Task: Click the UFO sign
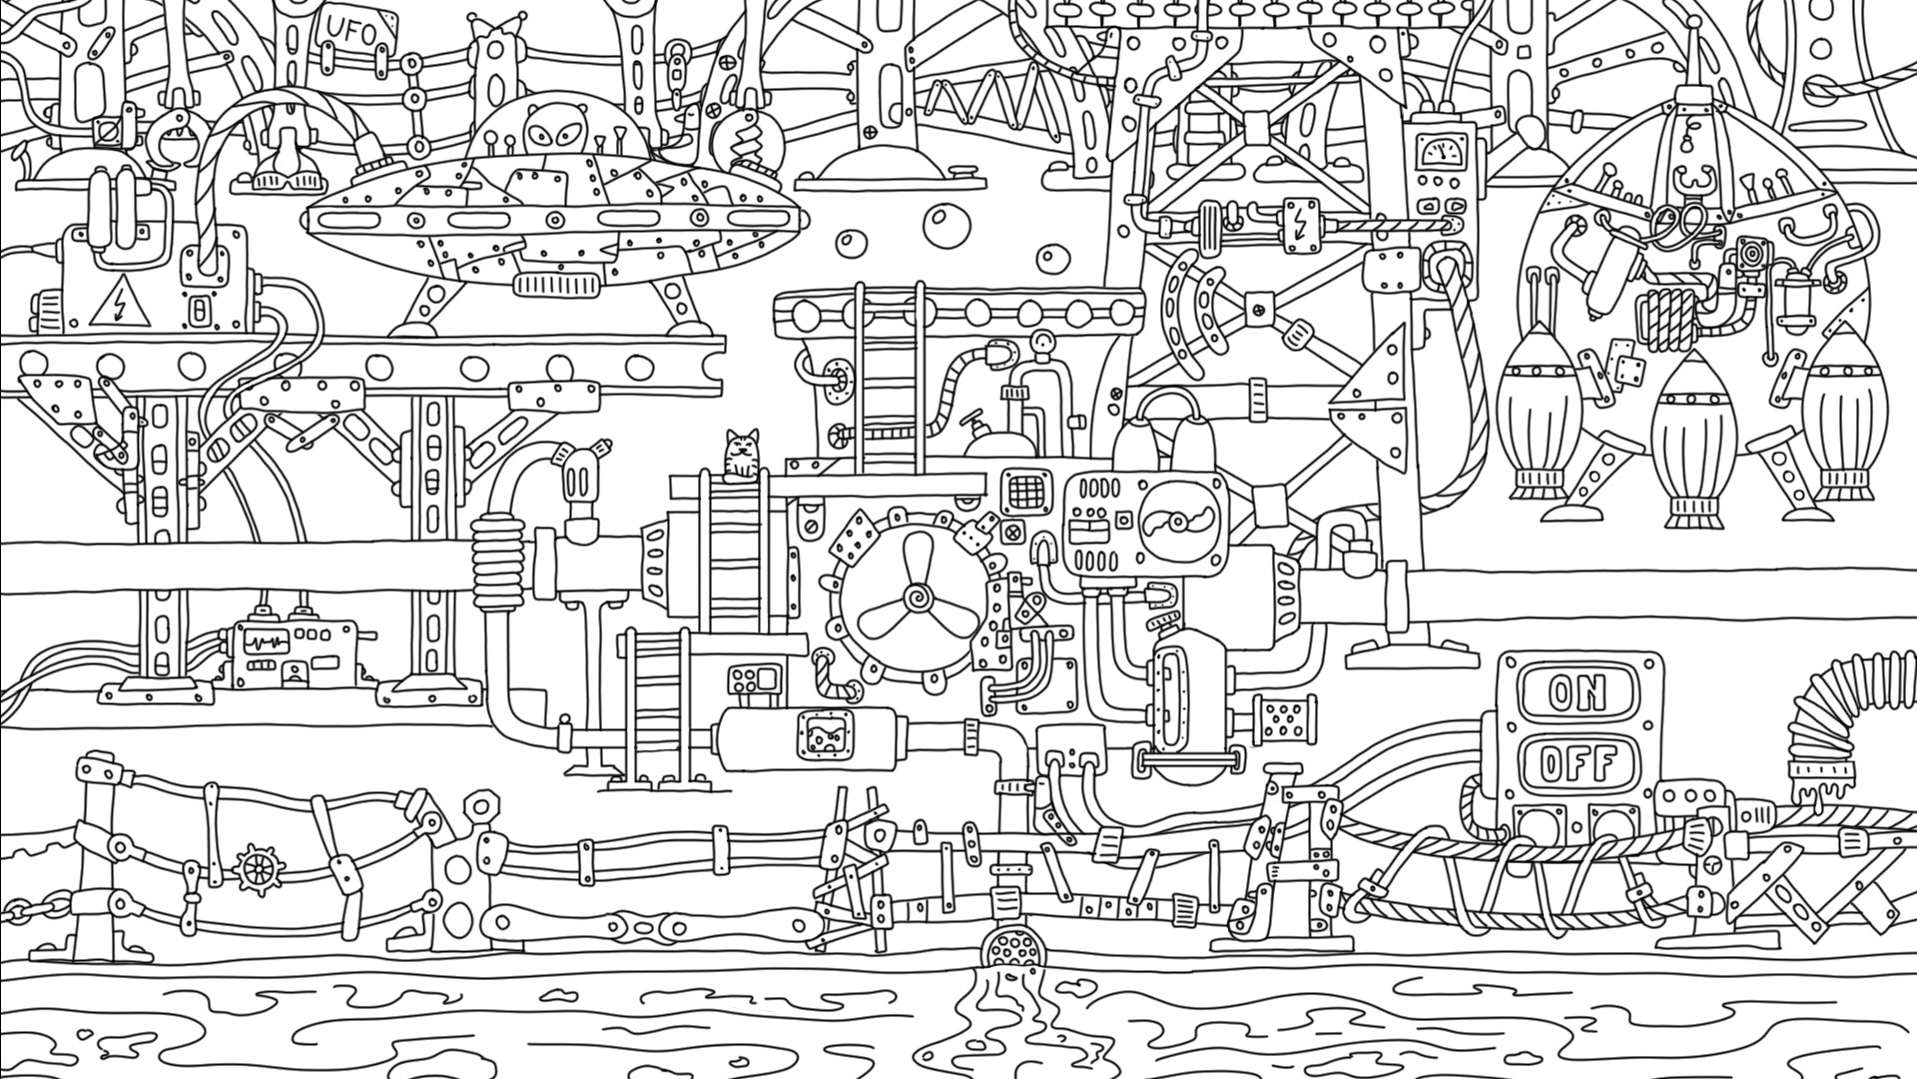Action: (x=353, y=33)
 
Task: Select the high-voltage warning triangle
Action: (x=120, y=304)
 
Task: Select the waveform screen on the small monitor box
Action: (x=266, y=640)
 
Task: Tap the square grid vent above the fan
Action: (x=1024, y=491)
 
